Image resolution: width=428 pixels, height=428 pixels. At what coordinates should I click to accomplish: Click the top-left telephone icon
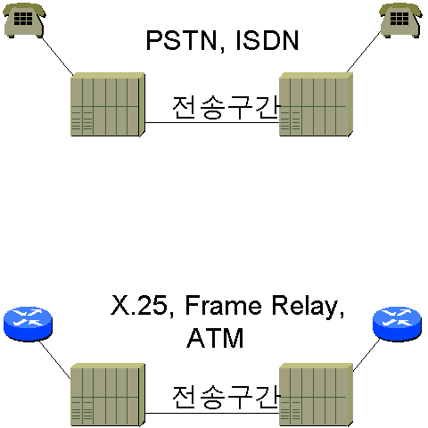click(24, 21)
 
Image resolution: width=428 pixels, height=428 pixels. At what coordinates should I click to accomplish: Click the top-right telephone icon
click(400, 21)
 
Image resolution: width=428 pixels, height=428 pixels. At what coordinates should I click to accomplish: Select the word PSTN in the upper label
click(181, 41)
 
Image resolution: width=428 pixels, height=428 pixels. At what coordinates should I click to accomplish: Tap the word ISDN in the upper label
click(267, 41)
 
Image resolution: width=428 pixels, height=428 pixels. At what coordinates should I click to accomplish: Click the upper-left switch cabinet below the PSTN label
click(108, 104)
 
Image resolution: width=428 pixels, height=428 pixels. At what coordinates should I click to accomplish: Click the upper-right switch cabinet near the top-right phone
click(317, 104)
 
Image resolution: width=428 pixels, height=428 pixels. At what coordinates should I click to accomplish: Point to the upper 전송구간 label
click(226, 107)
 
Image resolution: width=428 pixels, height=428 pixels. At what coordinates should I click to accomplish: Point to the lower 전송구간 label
click(226, 397)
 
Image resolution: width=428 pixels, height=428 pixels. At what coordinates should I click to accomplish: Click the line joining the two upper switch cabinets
click(212, 122)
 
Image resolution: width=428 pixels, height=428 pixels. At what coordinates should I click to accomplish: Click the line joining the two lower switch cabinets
click(212, 413)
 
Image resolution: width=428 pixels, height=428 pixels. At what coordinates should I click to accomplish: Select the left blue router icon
click(28, 324)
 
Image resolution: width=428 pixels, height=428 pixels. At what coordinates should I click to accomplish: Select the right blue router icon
click(397, 324)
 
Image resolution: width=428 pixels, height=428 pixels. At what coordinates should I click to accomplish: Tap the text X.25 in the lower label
click(139, 305)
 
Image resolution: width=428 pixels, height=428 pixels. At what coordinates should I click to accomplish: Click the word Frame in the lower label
click(223, 305)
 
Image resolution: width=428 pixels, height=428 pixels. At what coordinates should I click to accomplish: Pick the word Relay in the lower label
click(305, 307)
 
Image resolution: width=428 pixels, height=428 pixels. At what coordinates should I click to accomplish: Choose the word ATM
click(215, 338)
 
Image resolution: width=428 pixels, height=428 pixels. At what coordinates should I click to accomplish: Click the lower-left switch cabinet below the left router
click(108, 394)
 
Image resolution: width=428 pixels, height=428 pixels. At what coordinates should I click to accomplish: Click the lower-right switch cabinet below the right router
click(317, 394)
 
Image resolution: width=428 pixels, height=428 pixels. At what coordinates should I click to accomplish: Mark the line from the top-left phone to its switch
click(57, 55)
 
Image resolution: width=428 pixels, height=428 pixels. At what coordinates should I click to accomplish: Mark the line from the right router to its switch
click(366, 355)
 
